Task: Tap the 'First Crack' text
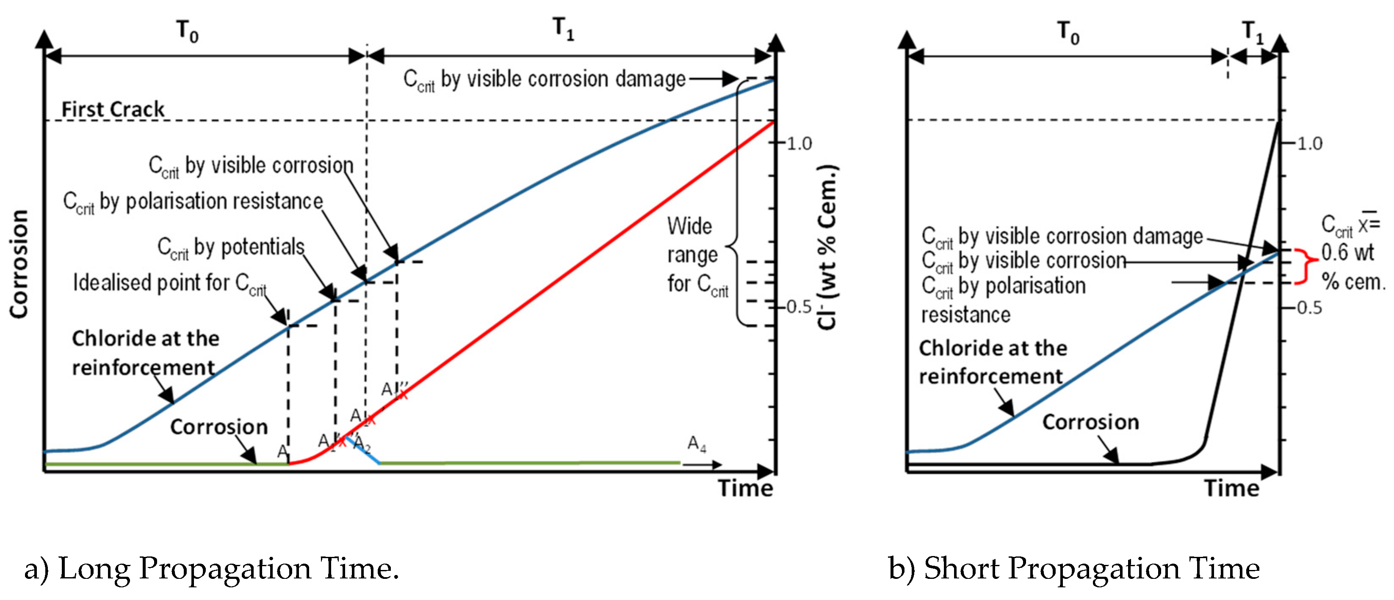(113, 109)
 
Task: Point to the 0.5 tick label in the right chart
(1310, 308)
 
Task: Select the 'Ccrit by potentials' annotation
(230, 247)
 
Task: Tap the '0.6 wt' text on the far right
(1347, 253)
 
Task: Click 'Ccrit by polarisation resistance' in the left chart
(193, 202)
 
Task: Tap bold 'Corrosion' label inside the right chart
(1091, 422)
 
